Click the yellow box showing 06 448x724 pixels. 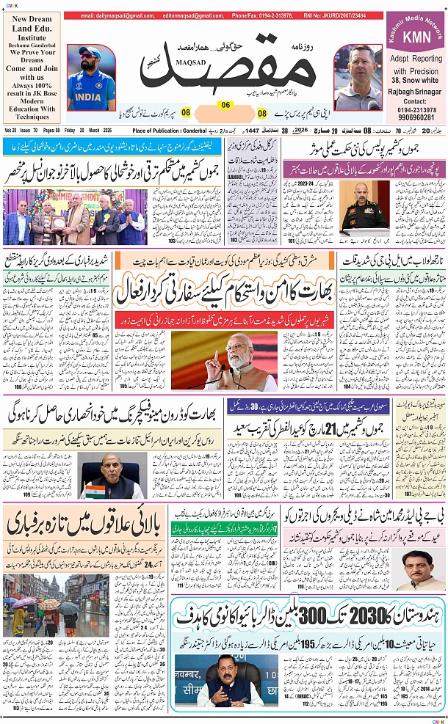pos(226,104)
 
